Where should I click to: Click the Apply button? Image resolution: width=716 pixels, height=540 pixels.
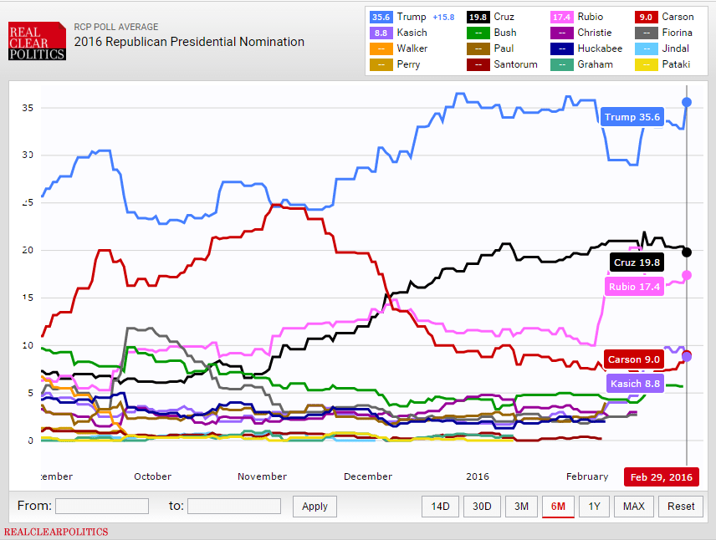[315, 506]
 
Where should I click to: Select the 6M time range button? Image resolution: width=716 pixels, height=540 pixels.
[558, 506]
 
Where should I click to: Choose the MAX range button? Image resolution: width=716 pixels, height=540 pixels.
[633, 506]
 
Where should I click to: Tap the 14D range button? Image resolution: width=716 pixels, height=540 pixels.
[440, 506]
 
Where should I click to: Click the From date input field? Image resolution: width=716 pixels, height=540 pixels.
[101, 506]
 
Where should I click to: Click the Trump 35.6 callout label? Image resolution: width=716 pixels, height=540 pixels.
[632, 118]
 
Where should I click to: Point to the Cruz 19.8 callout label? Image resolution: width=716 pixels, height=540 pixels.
[637, 262]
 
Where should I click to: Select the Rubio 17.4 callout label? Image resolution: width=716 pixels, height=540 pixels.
[634, 287]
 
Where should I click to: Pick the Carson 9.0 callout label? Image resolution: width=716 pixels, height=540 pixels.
[634, 359]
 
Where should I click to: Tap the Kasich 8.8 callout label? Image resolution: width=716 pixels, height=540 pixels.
[636, 384]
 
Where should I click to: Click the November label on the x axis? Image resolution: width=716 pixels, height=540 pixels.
[262, 476]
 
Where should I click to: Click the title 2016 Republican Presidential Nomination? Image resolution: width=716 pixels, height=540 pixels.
[189, 41]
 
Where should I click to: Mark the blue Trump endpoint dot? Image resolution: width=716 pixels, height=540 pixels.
[687, 102]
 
